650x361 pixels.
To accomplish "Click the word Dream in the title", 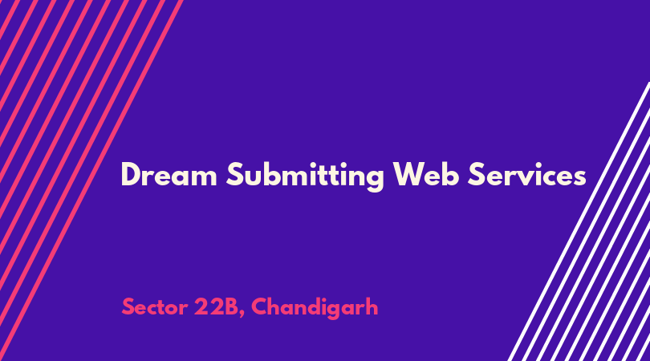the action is coord(169,175).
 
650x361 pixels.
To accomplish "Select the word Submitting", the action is coord(305,176).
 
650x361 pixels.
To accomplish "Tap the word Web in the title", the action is coord(426,174).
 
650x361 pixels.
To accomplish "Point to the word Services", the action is coord(527,175).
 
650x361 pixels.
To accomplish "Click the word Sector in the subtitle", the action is coord(155,307).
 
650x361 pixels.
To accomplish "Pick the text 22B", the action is coord(219,307).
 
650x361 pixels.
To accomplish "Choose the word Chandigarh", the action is coord(315,308).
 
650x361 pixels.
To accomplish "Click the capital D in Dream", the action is coord(131,175).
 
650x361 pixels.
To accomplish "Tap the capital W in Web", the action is coord(409,175).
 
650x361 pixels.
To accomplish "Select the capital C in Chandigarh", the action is coord(260,307).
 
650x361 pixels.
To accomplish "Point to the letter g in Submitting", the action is coord(375,180).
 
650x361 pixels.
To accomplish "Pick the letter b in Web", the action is coord(451,174).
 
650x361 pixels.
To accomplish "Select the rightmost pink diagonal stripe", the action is coord(91,180).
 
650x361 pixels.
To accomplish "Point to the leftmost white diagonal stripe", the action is coord(579,221).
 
